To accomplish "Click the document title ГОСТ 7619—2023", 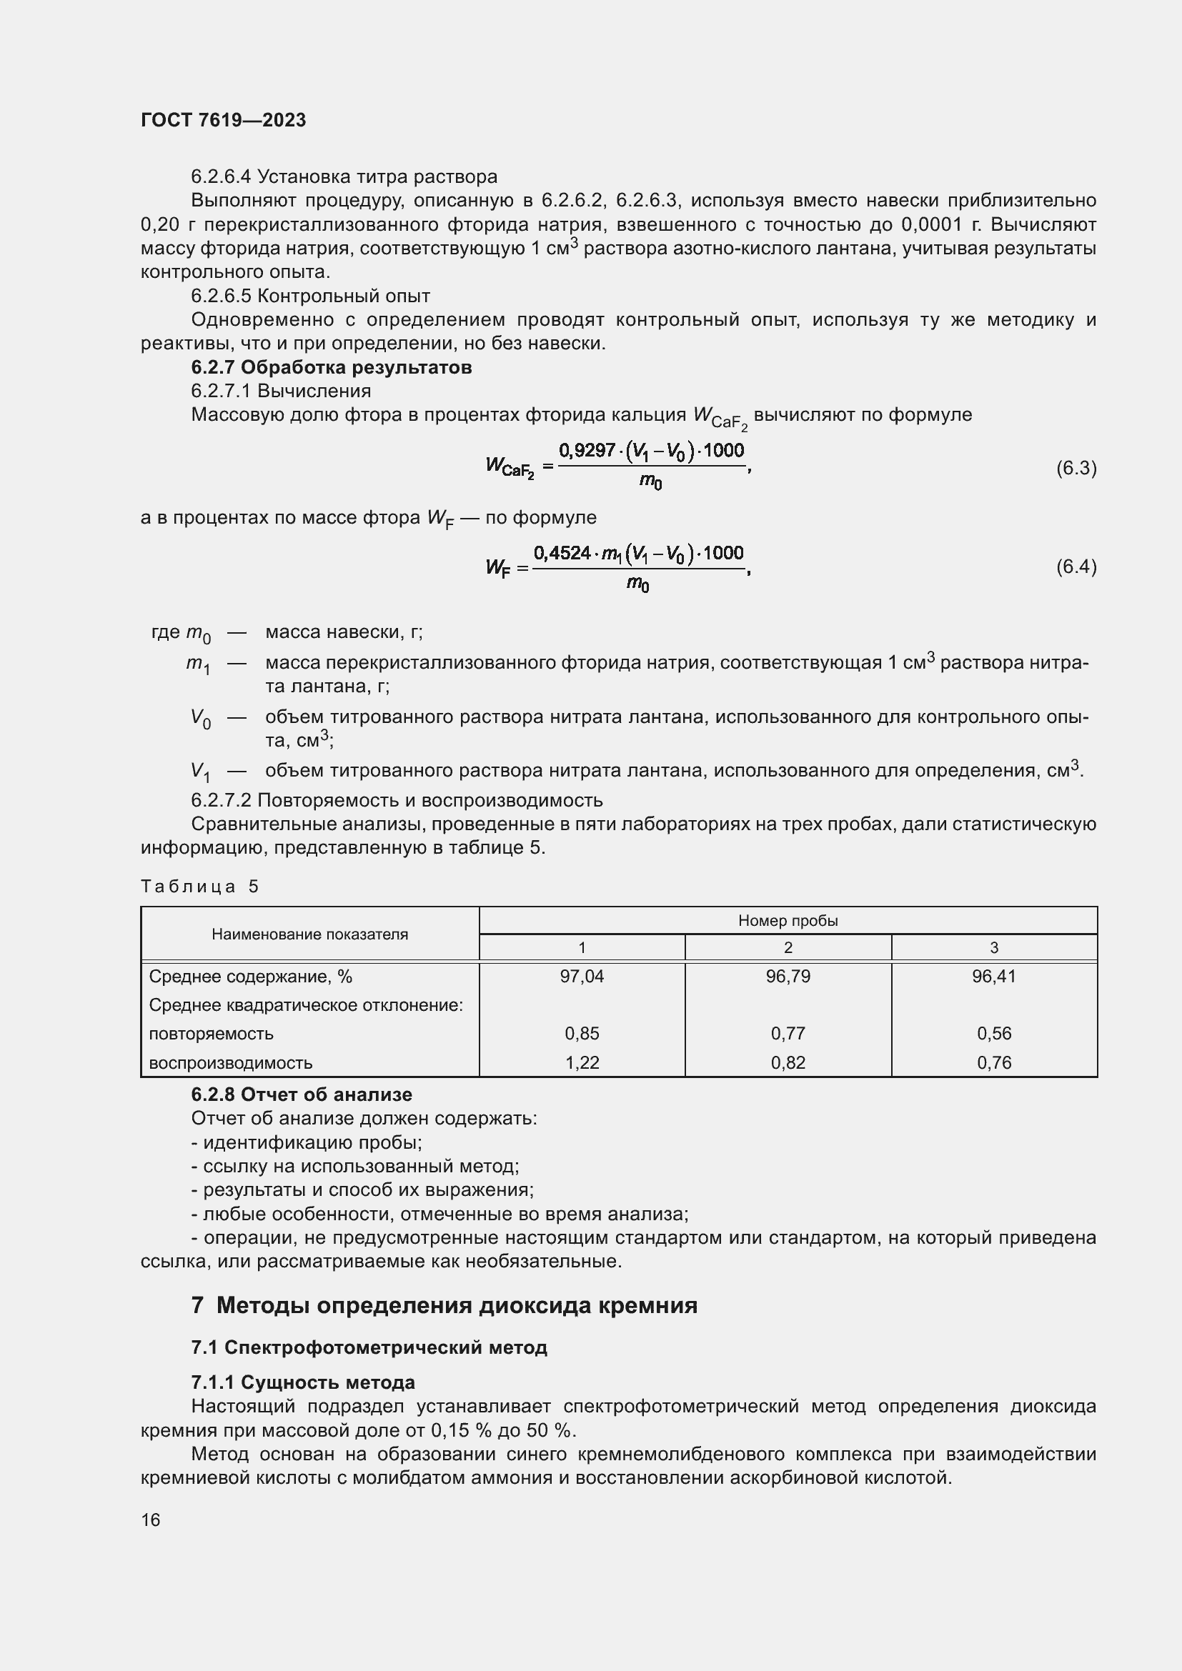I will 223,120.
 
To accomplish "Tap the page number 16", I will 151,1520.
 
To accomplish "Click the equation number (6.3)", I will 1076,468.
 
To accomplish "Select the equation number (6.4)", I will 1076,567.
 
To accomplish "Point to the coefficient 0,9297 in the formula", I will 587,451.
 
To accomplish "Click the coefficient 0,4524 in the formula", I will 562,552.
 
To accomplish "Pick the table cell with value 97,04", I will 582,977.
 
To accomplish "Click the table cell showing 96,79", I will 788,977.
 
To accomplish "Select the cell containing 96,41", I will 993,977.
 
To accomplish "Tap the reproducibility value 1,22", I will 582,1062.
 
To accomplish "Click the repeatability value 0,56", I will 993,1034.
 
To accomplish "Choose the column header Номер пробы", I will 788,921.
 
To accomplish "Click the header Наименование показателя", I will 309,934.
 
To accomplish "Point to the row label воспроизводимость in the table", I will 231,1062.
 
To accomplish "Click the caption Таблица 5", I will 199,887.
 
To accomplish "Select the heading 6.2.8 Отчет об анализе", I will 302,1094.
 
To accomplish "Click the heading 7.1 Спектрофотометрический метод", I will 369,1347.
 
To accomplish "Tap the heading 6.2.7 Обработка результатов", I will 331,367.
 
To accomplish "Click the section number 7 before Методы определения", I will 197,1305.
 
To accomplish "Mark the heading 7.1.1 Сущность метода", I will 303,1382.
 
